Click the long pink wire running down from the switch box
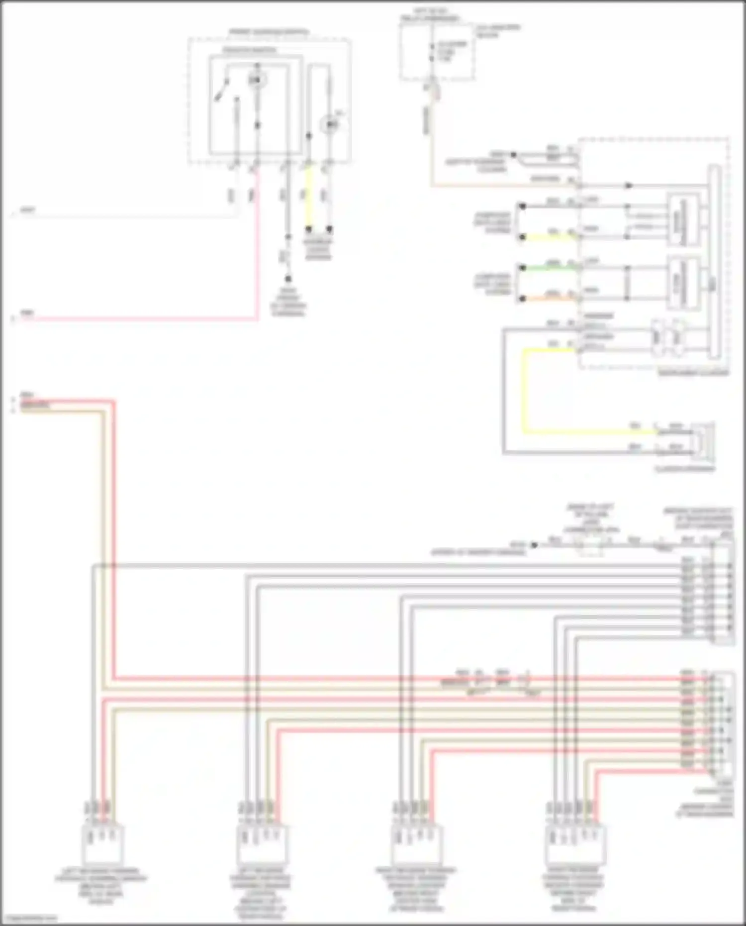coord(257,249)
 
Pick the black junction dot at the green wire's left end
coord(522,268)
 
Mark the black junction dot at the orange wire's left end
coord(522,299)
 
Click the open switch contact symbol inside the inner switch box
coord(221,90)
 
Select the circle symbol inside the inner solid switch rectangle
coord(257,79)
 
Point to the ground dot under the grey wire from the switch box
coord(288,280)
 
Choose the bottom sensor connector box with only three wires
coord(103,844)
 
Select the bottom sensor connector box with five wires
coord(575,844)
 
